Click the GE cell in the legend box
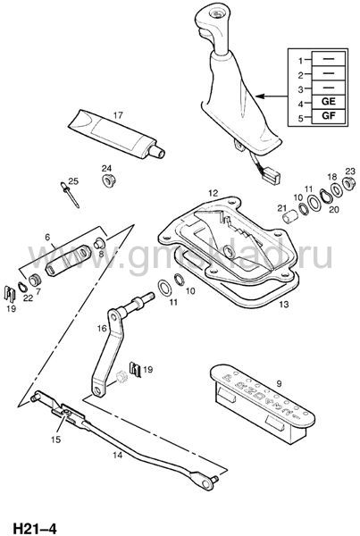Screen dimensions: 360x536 click(x=328, y=102)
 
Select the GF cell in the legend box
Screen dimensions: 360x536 click(x=328, y=116)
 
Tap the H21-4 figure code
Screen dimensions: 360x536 click(x=34, y=528)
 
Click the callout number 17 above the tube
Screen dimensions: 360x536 click(x=118, y=115)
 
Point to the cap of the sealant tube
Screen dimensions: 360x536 click(x=157, y=151)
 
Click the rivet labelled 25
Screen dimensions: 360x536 click(x=70, y=195)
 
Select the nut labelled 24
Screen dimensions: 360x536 click(x=109, y=180)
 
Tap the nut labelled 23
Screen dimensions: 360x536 click(x=348, y=183)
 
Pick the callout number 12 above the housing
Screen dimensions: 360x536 click(x=213, y=193)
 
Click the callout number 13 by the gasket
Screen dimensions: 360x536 click(x=284, y=304)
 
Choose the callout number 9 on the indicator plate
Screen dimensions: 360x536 click(x=279, y=383)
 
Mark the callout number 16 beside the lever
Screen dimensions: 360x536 click(x=102, y=329)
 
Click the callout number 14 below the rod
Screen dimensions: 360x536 click(x=117, y=455)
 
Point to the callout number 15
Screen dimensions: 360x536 click(x=55, y=440)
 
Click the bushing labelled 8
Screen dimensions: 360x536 click(x=99, y=243)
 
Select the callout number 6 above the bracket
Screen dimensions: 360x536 click(x=47, y=237)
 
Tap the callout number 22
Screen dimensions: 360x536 click(x=28, y=298)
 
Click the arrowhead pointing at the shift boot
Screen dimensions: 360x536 click(x=260, y=96)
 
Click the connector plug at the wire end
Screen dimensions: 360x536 click(x=272, y=176)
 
